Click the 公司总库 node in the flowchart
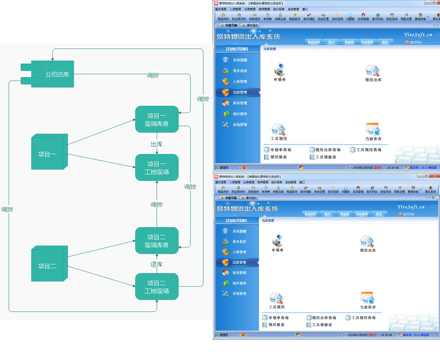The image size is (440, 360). (53, 74)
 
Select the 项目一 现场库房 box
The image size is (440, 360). (157, 119)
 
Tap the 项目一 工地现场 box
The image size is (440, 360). (157, 168)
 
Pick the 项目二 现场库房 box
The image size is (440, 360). (157, 241)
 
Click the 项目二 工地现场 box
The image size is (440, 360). (157, 287)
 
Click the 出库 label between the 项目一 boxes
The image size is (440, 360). (157, 144)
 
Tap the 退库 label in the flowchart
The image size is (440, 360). (157, 264)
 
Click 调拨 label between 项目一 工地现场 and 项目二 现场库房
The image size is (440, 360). (157, 205)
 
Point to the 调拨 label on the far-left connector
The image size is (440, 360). (7, 209)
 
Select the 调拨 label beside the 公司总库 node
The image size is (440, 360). (153, 75)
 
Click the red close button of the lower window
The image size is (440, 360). (434, 175)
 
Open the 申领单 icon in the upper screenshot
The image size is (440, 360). (280, 72)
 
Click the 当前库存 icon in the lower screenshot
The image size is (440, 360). (368, 300)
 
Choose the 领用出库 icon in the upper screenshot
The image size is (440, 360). (373, 73)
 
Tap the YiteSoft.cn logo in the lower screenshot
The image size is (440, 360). (411, 207)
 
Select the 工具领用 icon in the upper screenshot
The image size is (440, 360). (278, 132)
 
